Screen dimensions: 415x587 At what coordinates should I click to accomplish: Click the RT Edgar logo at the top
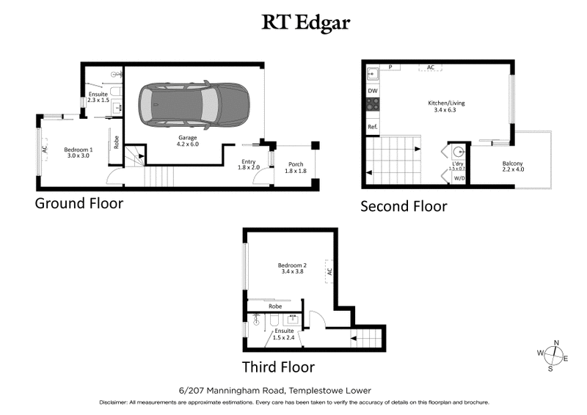pos(306,22)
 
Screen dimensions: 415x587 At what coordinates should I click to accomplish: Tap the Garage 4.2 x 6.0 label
pos(189,141)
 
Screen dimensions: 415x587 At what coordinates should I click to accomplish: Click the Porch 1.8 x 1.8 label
pos(296,168)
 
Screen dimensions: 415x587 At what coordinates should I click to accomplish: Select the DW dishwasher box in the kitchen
pos(372,90)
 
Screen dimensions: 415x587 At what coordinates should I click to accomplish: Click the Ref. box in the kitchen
pos(372,127)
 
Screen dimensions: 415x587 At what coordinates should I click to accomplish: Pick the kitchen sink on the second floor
pos(372,73)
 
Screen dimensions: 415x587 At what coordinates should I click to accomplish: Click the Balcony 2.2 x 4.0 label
pos(512,166)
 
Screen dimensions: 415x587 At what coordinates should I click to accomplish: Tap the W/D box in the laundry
pos(459,177)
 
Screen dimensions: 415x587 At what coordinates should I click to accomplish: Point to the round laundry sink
pos(459,153)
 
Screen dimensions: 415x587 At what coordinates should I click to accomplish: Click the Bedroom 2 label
pos(291,268)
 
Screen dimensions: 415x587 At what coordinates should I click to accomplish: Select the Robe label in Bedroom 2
pos(275,306)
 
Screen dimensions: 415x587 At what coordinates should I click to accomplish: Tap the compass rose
pos(556,356)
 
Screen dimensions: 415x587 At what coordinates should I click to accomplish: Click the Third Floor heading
pos(278,367)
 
